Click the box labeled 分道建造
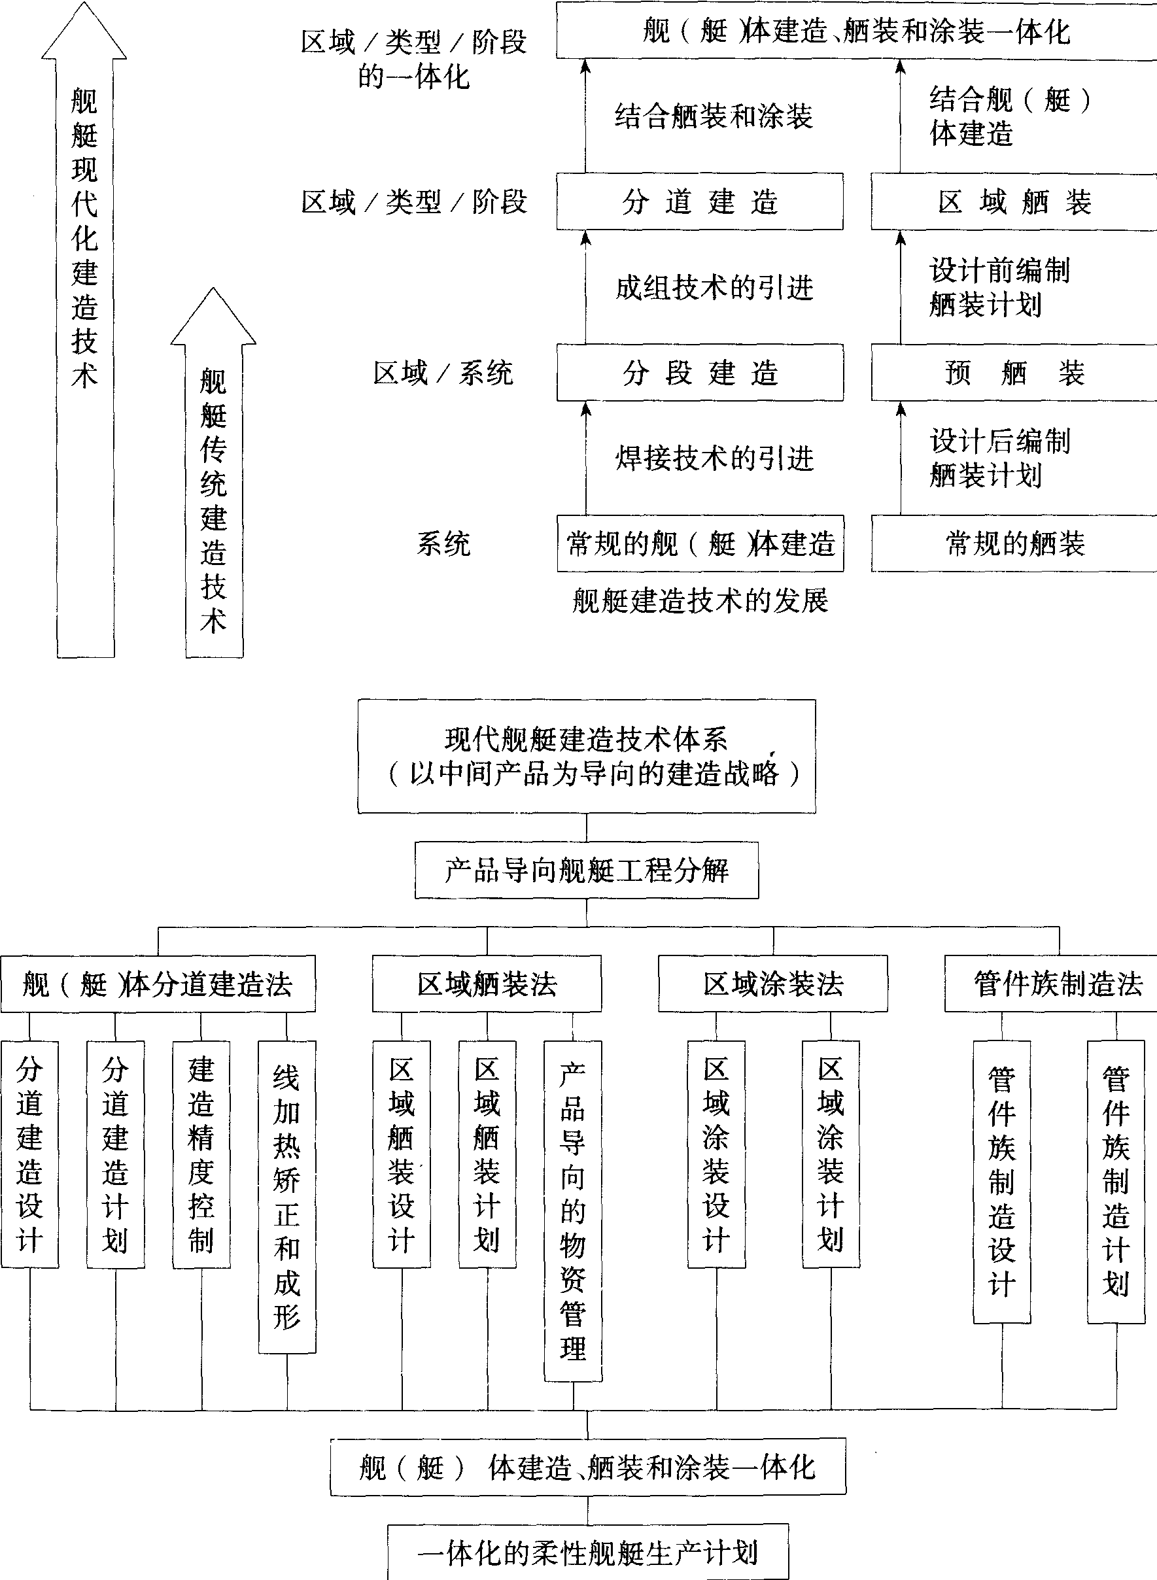[x=700, y=202]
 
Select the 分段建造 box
[x=700, y=373]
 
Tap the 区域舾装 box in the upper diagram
[x=1013, y=202]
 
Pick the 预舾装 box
[x=1013, y=373]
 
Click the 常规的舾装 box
[x=1013, y=543]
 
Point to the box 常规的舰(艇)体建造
[x=700, y=543]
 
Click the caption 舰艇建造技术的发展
[x=700, y=601]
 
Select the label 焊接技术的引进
[x=714, y=458]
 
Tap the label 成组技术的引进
[x=714, y=287]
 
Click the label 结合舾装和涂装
[x=713, y=116]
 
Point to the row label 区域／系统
[x=443, y=373]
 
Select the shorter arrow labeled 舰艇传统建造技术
[x=214, y=490]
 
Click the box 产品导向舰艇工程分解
[x=587, y=870]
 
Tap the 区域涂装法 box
[x=772, y=984]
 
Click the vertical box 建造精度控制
[x=201, y=1154]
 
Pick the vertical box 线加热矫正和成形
[x=287, y=1196]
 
